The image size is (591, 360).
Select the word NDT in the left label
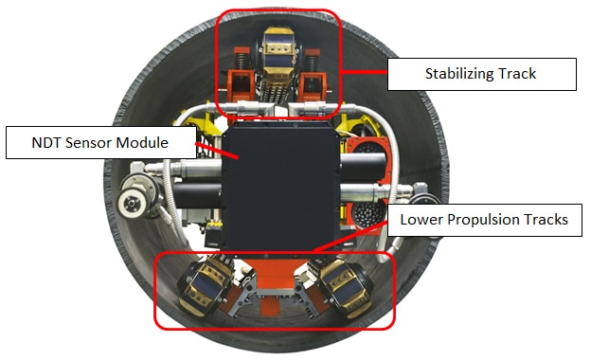point(46,143)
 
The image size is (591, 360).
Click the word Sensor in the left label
point(88,143)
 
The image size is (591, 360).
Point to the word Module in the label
point(142,143)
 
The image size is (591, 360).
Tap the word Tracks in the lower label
point(546,220)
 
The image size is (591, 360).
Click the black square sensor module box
point(281,187)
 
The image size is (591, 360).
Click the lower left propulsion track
point(206,285)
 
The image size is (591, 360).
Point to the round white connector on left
point(131,205)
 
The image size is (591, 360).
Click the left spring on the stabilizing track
point(241,60)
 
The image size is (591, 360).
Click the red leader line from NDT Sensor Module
point(217,150)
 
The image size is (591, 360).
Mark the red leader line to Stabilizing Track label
point(364,72)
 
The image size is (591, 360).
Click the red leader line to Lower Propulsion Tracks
point(349,236)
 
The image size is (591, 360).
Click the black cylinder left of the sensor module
point(198,195)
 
